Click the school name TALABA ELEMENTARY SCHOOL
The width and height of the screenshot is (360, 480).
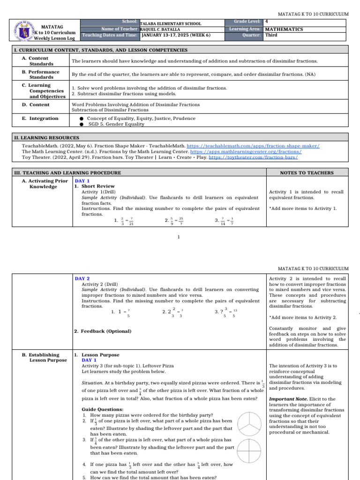(x=171, y=23)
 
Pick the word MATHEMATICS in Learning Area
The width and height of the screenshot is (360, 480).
(x=284, y=29)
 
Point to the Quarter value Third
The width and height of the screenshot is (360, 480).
(x=271, y=35)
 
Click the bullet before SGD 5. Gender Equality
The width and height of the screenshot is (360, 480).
(x=82, y=124)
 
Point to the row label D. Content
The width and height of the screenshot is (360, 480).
(x=36, y=105)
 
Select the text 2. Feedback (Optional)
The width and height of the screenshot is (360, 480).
(x=103, y=331)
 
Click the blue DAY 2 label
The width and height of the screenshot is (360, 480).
(x=82, y=278)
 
